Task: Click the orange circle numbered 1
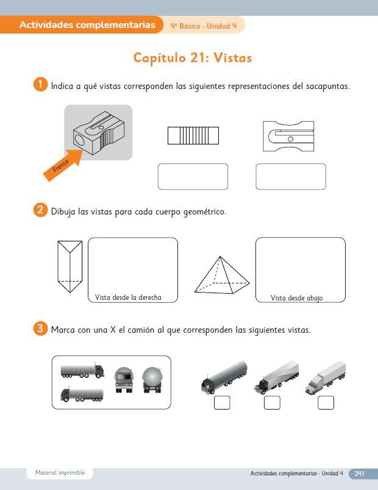click(40, 85)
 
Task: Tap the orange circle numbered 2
click(40, 210)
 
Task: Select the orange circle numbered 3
click(40, 328)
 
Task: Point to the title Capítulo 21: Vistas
click(193, 58)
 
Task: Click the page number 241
click(360, 474)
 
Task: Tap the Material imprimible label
click(60, 473)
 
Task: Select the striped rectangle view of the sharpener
click(193, 136)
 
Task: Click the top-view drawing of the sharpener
click(288, 137)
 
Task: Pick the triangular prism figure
click(70, 266)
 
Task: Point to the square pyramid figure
click(222, 275)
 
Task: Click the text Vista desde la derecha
click(128, 297)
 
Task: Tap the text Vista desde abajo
click(296, 298)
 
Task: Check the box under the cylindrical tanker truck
click(222, 403)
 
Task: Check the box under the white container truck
click(326, 403)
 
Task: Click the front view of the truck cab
click(124, 380)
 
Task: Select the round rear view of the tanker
click(152, 380)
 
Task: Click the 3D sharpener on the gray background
click(99, 133)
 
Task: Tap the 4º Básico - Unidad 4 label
click(204, 26)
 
